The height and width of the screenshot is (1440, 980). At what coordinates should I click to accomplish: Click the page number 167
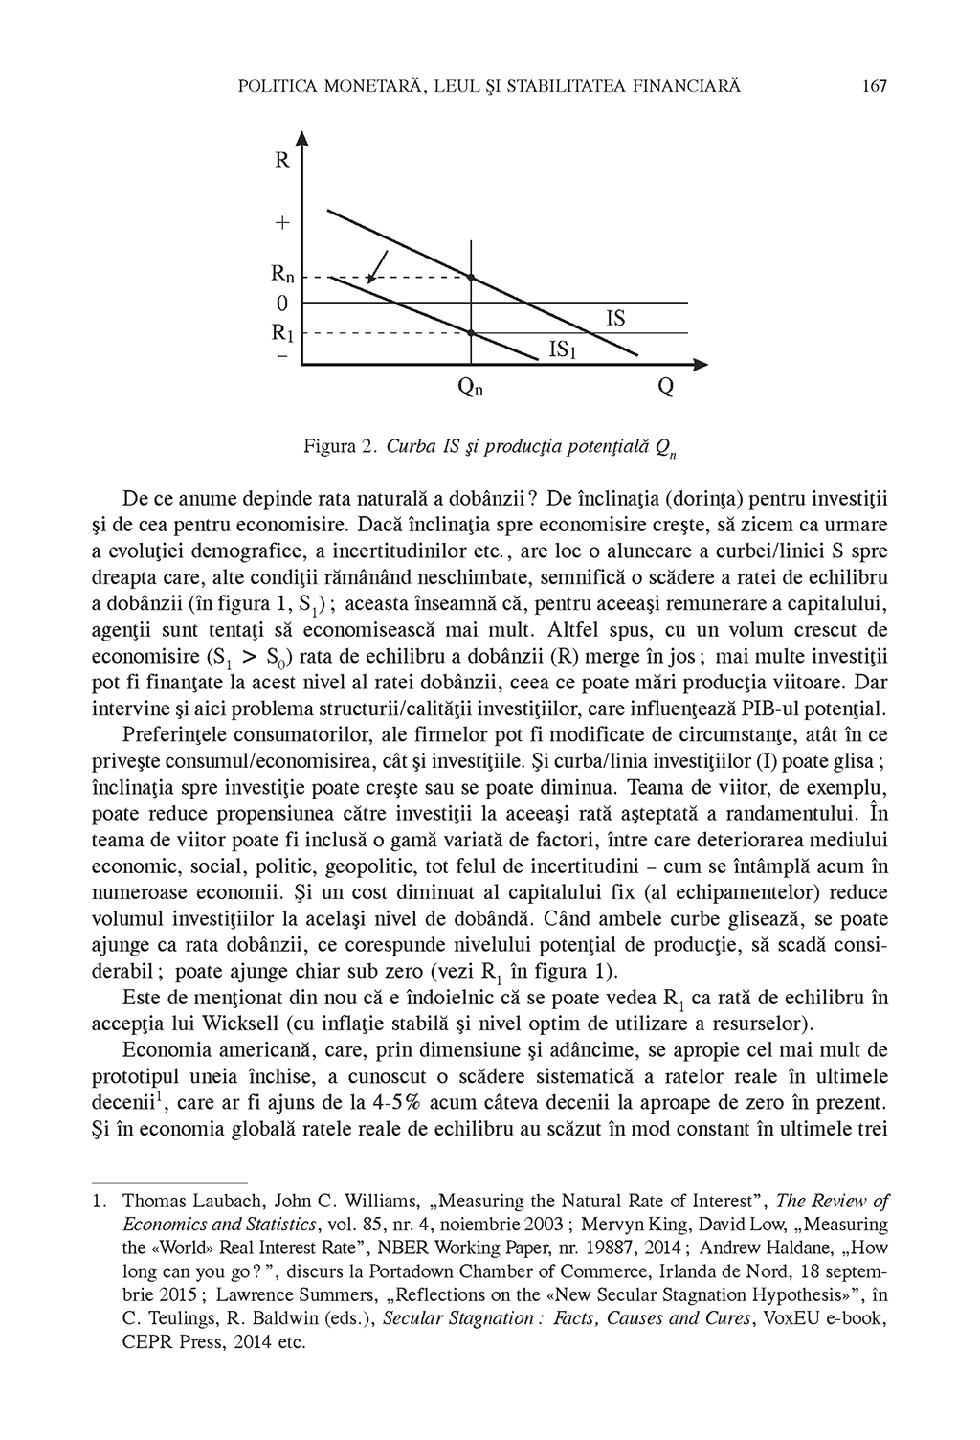(876, 86)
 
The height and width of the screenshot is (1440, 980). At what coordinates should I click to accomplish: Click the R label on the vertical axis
(282, 161)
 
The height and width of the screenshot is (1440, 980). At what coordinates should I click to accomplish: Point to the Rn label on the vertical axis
(282, 277)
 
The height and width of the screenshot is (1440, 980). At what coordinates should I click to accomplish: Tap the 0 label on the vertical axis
(281, 304)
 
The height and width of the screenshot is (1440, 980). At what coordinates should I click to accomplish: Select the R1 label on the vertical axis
(282, 333)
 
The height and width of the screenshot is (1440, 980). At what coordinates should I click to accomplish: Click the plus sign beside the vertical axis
(282, 223)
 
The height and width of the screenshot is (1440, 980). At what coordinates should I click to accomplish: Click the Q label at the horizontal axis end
(665, 388)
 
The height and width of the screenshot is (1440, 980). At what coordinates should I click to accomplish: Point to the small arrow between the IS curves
(377, 265)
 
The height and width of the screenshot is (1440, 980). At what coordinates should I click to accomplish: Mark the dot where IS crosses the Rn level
(471, 277)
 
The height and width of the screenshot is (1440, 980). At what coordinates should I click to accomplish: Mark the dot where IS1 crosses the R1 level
(471, 332)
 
